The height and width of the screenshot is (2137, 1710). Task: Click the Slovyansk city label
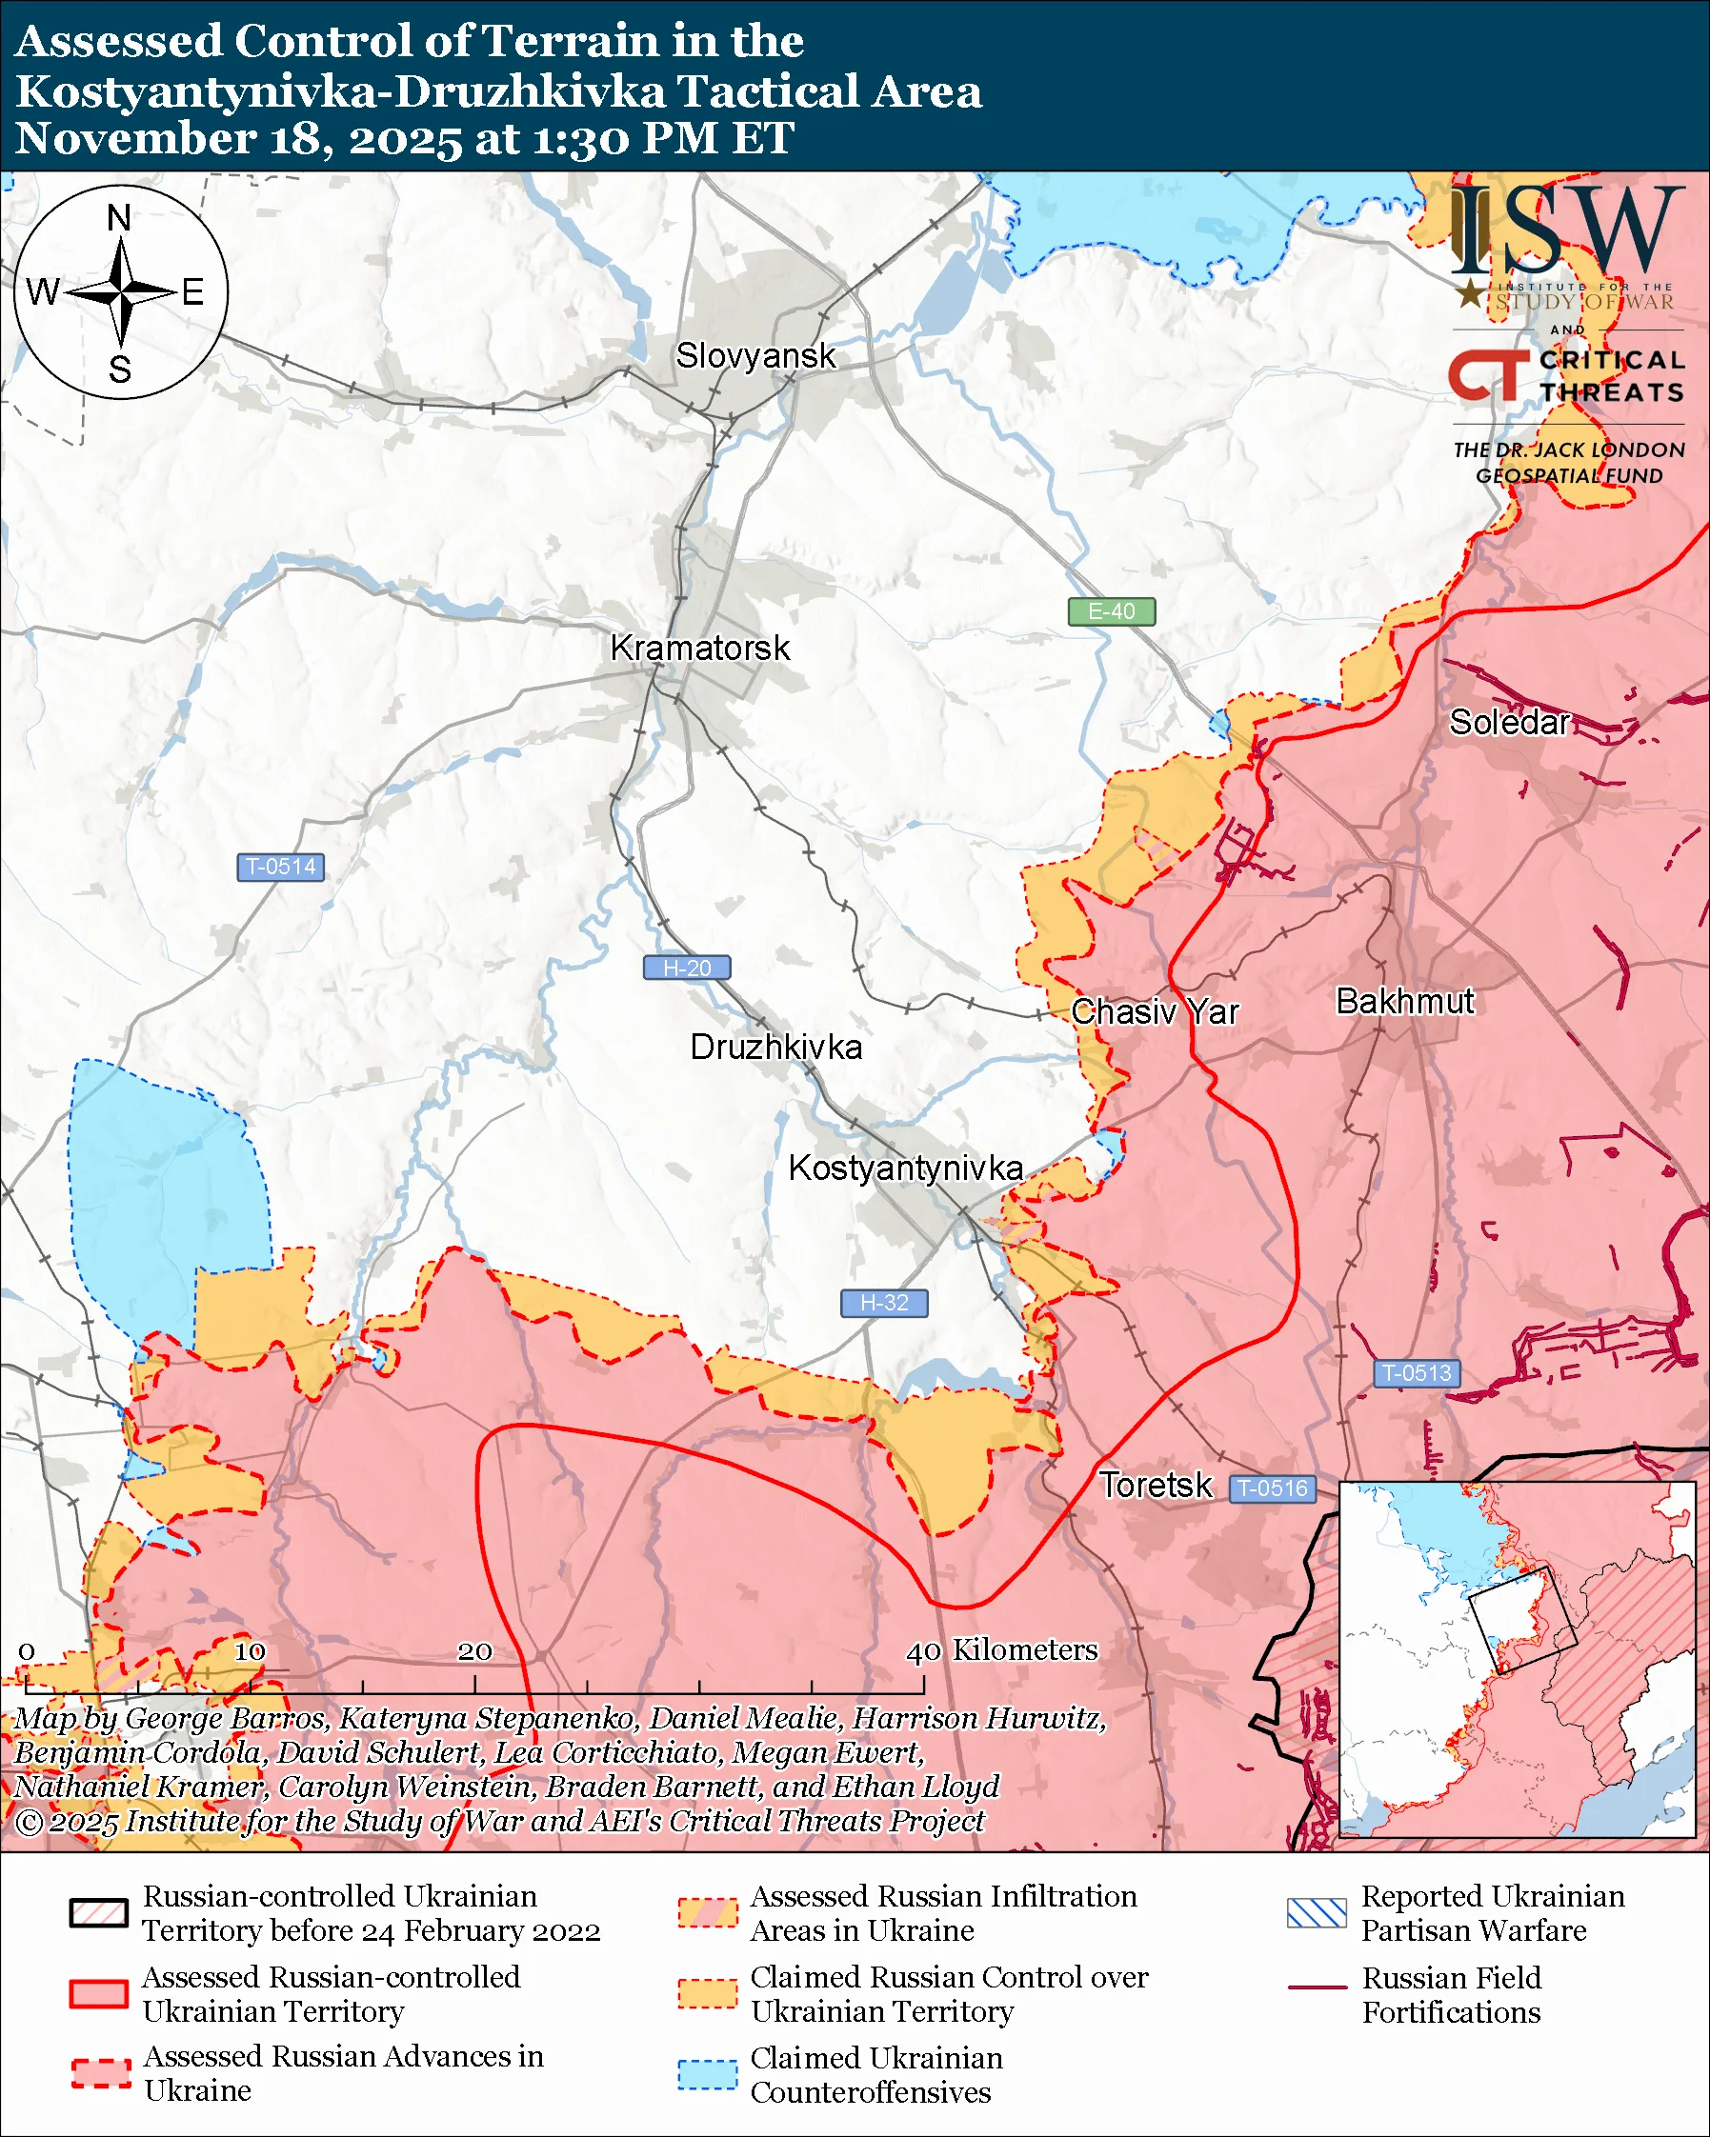[755, 356]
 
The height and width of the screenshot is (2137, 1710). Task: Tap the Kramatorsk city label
[700, 649]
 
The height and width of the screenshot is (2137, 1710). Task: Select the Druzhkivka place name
[775, 1048]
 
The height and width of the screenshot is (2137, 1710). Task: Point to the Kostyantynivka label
[905, 1168]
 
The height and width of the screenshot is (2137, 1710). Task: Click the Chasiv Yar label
[1155, 1012]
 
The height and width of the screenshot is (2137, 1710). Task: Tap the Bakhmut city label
[1405, 1001]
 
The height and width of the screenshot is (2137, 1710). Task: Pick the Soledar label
[1509, 723]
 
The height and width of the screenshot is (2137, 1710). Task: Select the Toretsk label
[1155, 1485]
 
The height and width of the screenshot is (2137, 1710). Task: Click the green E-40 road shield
[1111, 611]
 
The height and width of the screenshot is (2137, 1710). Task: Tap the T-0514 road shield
[280, 867]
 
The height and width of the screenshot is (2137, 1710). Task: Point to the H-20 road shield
[687, 968]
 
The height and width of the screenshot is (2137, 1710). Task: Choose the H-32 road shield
[884, 1303]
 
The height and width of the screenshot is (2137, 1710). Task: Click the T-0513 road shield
[1417, 1373]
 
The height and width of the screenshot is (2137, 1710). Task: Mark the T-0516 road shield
[1274, 1488]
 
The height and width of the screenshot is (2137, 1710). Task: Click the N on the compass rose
[119, 217]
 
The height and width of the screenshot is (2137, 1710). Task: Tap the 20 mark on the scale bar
[474, 1651]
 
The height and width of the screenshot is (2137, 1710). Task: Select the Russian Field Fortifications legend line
[1317, 1987]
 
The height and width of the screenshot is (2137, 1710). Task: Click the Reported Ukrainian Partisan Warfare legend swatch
[1317, 1913]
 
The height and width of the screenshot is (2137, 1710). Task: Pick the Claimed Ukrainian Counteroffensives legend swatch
[708, 2074]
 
